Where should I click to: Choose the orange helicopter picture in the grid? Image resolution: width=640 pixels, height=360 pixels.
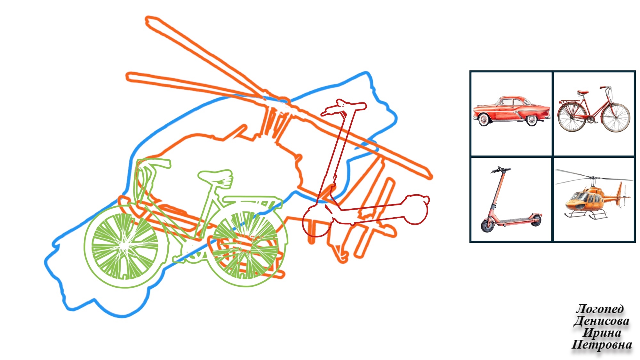pos(594,194)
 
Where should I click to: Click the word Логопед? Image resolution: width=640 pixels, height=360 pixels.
pos(600,309)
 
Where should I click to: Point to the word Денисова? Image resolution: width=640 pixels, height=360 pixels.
pos(601,321)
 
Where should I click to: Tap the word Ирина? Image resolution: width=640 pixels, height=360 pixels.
pos(602,333)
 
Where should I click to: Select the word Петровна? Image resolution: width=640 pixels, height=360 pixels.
pos(602,345)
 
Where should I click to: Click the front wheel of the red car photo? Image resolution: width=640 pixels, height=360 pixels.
pos(532,120)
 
